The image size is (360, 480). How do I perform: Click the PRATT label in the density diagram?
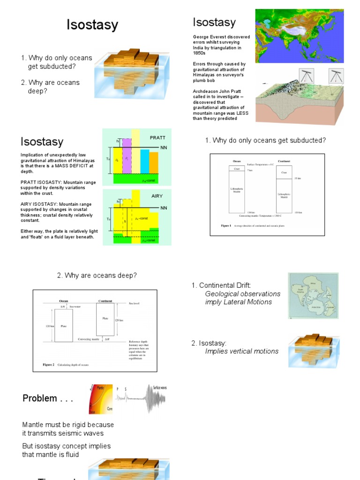(157, 138)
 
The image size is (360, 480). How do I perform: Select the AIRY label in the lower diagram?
(157, 196)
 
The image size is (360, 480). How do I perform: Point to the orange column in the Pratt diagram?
(154, 162)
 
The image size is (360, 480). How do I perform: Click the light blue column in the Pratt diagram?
(145, 161)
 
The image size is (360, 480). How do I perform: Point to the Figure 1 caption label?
(226, 225)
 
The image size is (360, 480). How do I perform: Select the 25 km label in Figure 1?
(297, 178)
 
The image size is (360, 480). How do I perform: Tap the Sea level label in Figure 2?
(134, 303)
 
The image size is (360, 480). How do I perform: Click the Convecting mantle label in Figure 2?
(88, 338)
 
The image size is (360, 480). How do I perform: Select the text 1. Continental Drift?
(221, 285)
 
